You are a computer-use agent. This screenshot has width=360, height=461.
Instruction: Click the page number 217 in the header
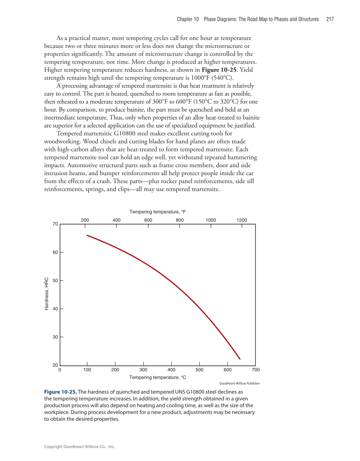pyautogui.click(x=330, y=19)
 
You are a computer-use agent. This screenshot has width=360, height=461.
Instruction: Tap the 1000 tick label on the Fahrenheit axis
pyautogui.click(x=211, y=220)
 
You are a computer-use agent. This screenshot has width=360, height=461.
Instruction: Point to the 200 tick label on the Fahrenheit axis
pyautogui.click(x=85, y=220)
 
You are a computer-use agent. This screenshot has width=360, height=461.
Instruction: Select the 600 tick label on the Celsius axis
pyautogui.click(x=227, y=370)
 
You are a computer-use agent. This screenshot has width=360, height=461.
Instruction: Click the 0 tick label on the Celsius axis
pyautogui.click(x=60, y=370)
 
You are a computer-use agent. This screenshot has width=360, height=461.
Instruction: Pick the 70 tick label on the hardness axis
pyautogui.click(x=55, y=224)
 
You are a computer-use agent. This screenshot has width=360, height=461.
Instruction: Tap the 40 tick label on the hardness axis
pyautogui.click(x=55, y=309)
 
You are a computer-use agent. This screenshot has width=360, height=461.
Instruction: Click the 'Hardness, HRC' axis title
pyautogui.click(x=47, y=294)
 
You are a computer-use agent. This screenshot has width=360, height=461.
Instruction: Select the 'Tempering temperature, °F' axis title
pyautogui.click(x=157, y=211)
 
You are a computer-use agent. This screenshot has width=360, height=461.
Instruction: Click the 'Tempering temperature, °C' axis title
pyautogui.click(x=157, y=377)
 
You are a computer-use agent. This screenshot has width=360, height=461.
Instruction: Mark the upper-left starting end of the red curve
pyautogui.click(x=87, y=235)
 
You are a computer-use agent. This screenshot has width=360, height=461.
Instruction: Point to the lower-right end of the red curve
pyautogui.click(x=240, y=359)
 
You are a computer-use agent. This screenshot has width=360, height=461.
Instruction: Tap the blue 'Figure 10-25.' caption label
pyautogui.click(x=60, y=392)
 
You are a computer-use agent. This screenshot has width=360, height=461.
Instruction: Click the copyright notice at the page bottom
pyautogui.click(x=80, y=447)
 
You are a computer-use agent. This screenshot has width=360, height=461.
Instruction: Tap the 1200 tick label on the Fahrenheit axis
pyautogui.click(x=242, y=220)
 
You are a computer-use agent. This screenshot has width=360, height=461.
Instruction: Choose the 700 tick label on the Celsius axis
pyautogui.click(x=255, y=370)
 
